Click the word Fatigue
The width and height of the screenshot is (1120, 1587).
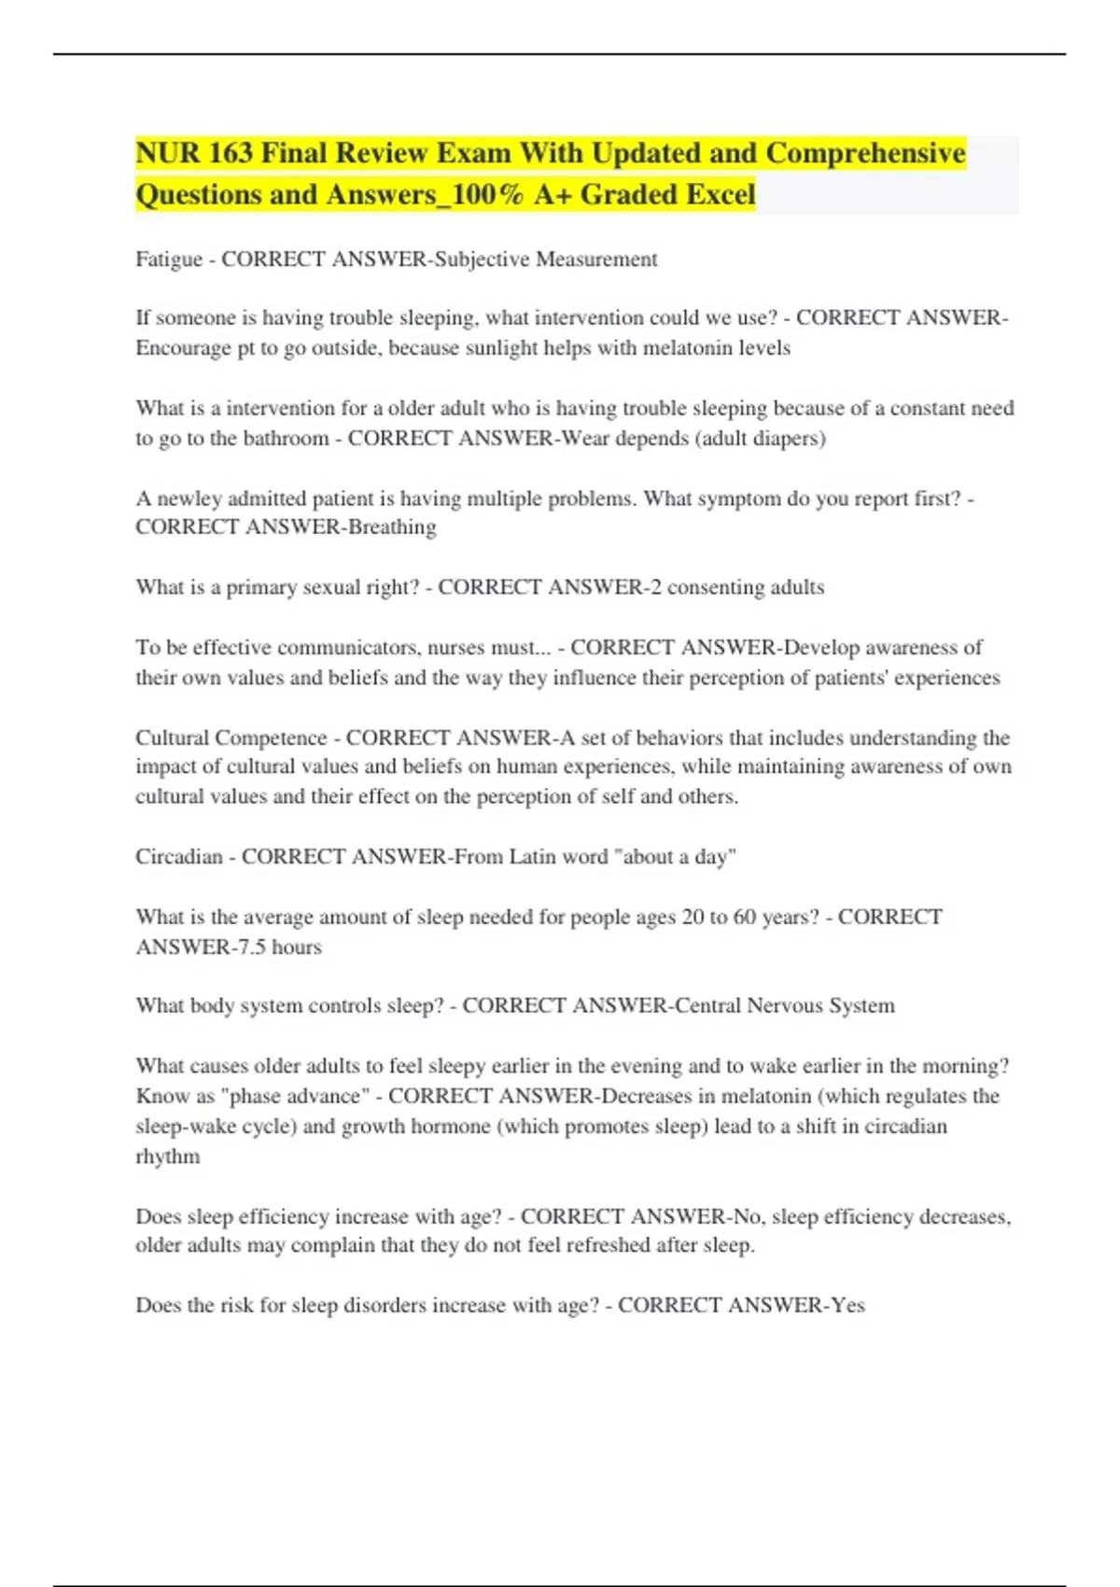[x=169, y=260]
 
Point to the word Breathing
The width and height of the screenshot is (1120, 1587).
[x=392, y=527]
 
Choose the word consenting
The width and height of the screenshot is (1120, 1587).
[x=715, y=587]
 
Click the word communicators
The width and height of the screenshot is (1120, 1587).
[x=347, y=648]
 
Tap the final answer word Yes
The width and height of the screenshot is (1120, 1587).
[x=847, y=1305]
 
